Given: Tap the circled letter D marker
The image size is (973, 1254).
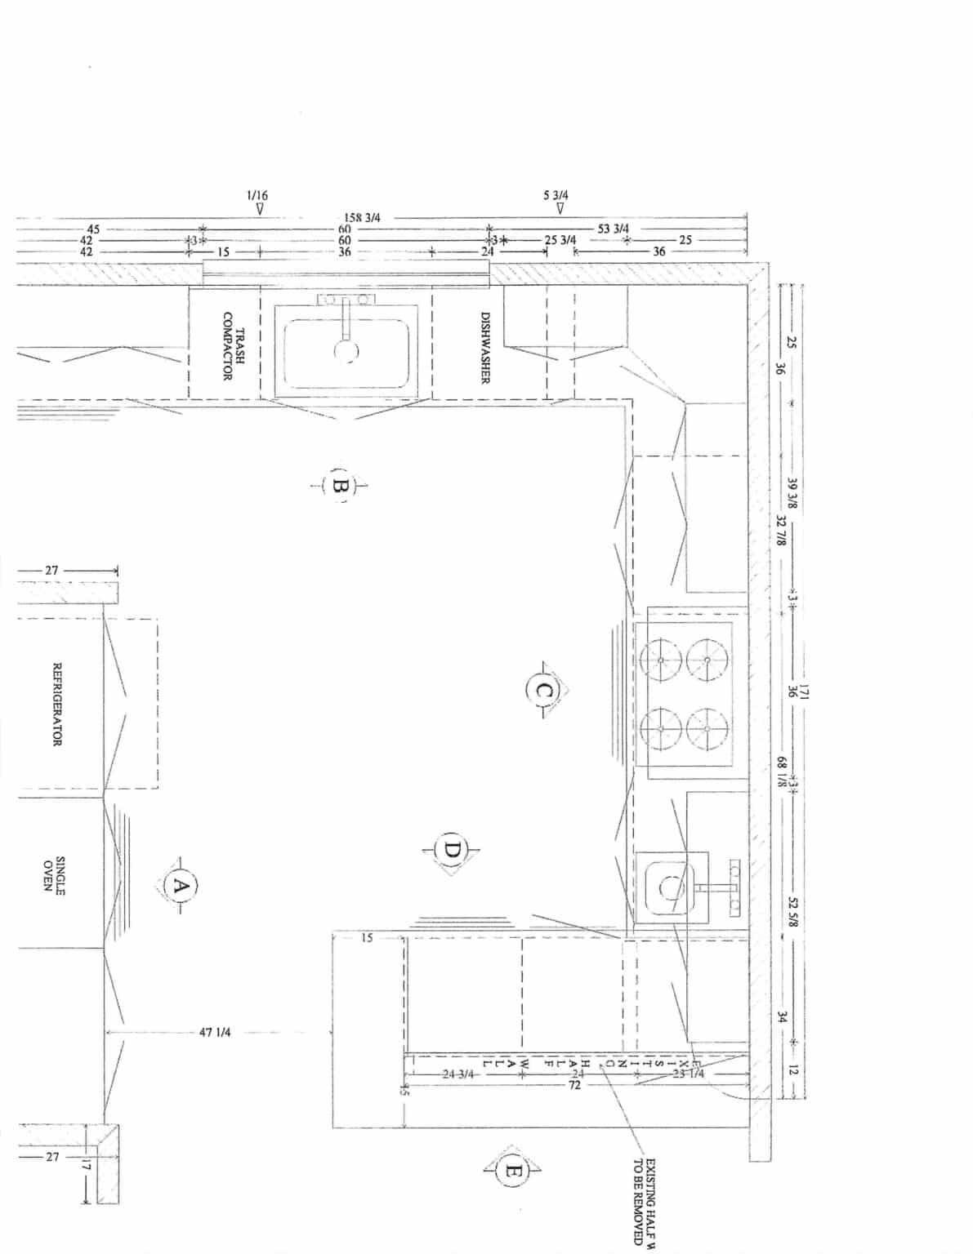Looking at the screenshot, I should [452, 851].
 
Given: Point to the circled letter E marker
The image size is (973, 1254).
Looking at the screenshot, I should [511, 1172].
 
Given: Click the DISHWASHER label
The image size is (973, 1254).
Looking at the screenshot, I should [484, 348].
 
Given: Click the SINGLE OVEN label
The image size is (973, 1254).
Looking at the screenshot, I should [54, 875].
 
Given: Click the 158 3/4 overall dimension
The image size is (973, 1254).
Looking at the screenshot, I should [362, 217].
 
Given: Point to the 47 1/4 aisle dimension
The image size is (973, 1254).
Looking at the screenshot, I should [215, 1033].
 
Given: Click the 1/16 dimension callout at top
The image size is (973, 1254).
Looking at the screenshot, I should [257, 196].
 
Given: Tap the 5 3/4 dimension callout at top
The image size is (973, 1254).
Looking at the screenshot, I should [556, 196].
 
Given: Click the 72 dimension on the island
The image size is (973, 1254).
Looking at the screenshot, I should [574, 1086].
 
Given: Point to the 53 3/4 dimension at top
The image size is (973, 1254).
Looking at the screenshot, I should [614, 229].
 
